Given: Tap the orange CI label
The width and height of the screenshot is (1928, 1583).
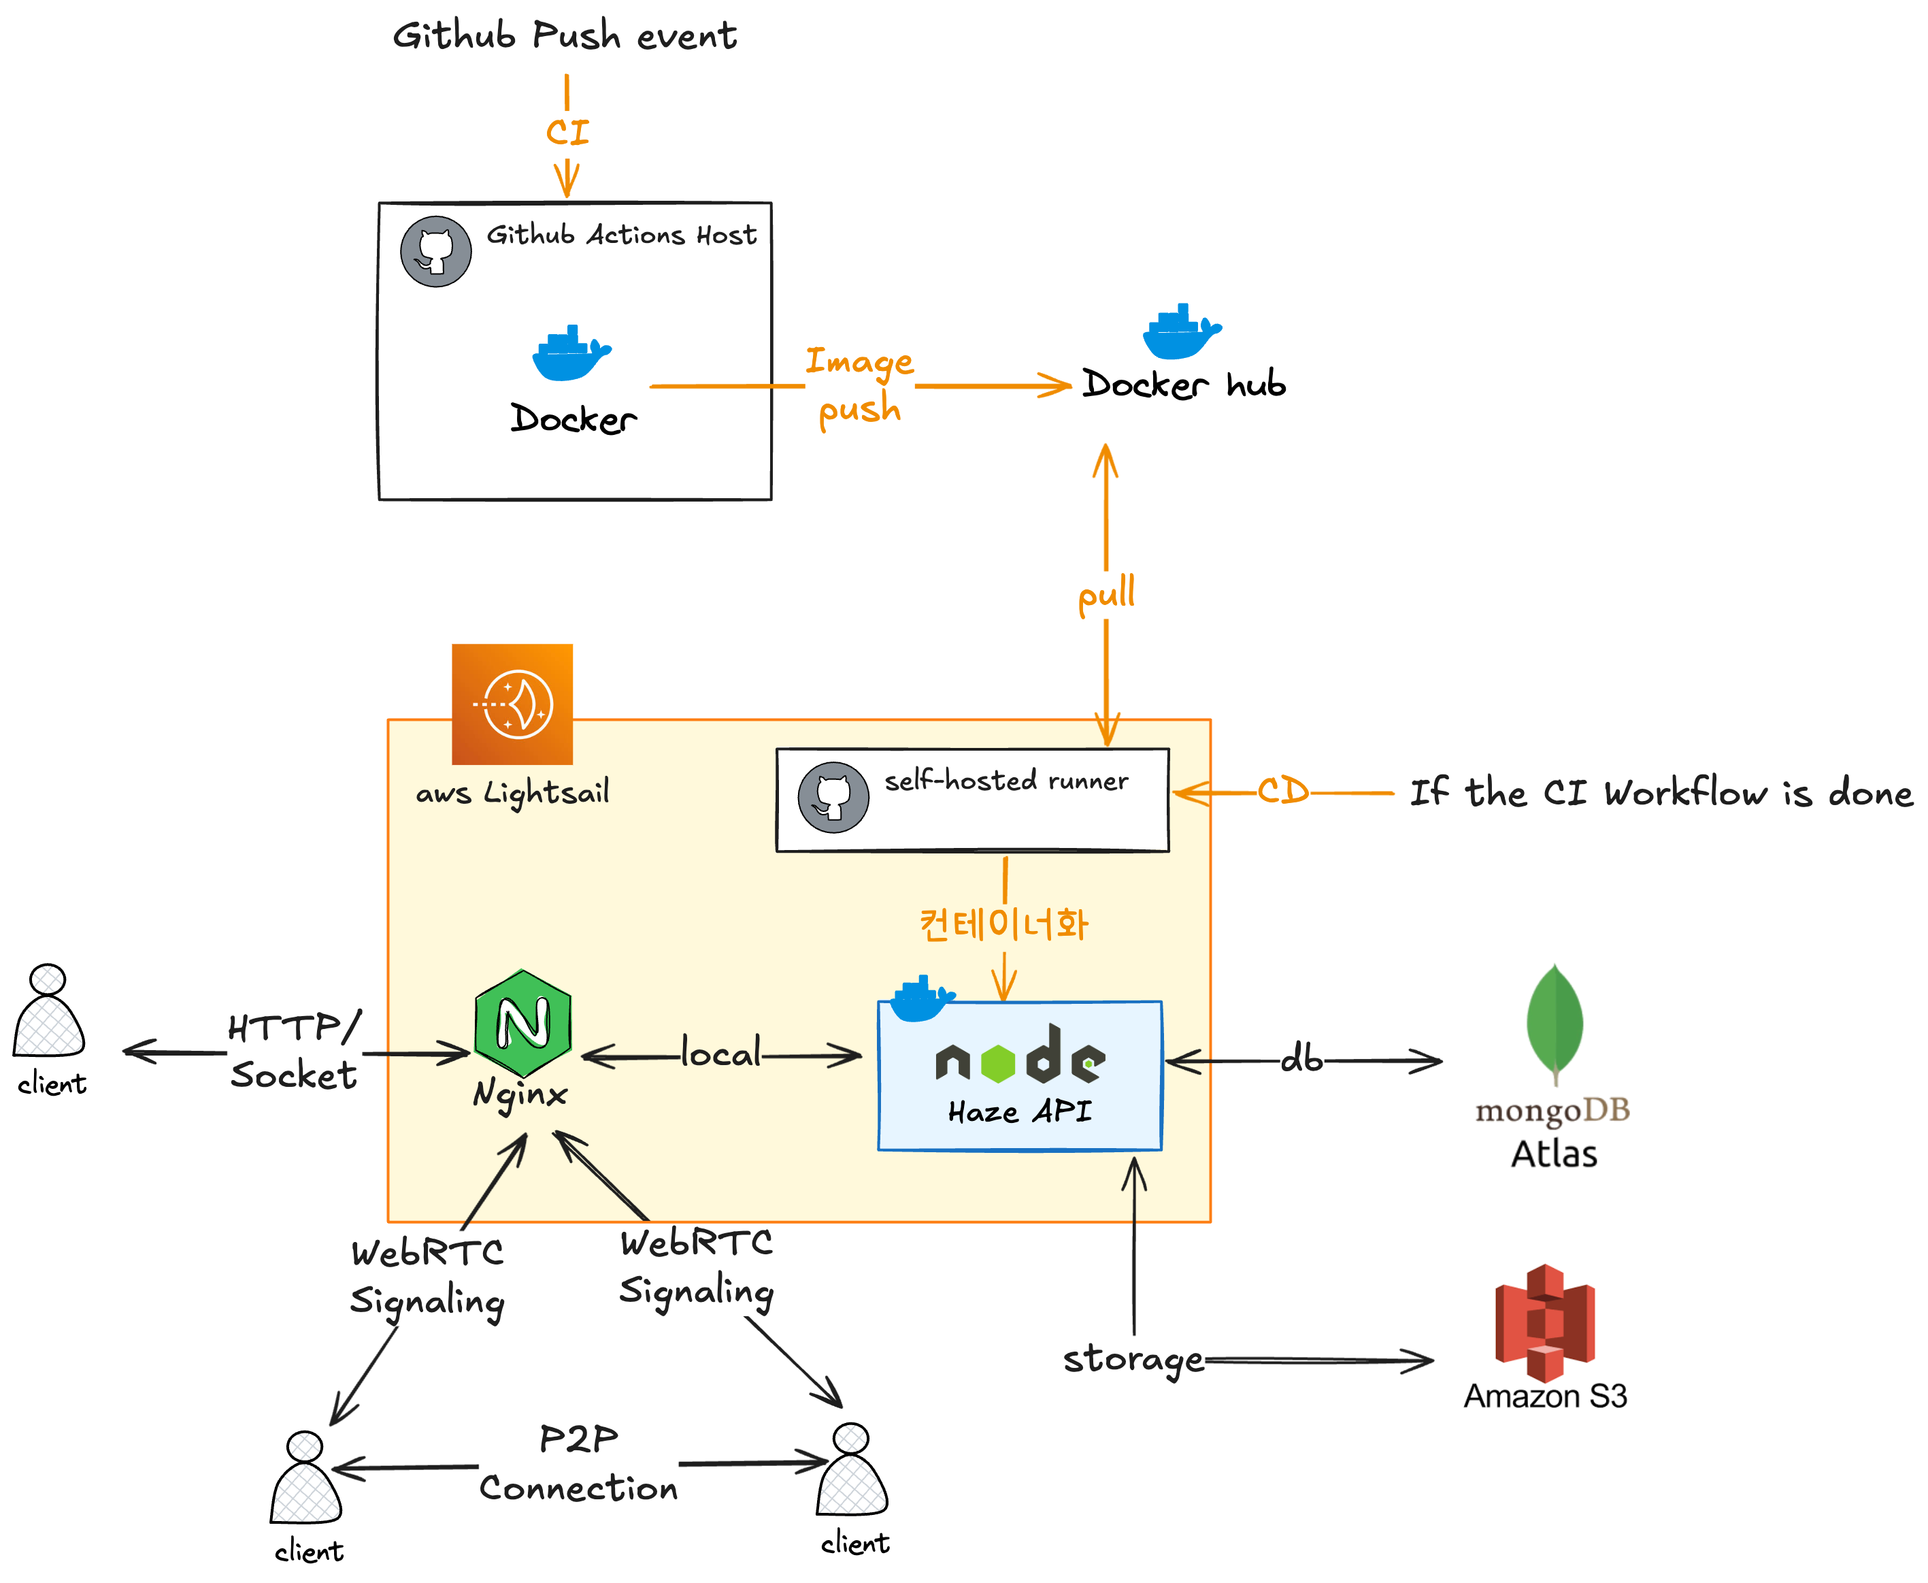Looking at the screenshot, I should coord(567,132).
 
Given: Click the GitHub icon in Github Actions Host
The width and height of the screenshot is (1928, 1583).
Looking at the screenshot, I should coord(435,252).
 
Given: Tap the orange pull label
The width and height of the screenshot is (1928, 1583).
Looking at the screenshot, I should coord(1106,595).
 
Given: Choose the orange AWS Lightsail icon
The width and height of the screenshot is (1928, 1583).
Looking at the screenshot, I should coord(512,704).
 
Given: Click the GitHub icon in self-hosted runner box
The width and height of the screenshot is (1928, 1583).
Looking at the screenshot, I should coord(833,797).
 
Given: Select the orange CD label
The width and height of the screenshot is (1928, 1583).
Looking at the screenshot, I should coord(1282,791).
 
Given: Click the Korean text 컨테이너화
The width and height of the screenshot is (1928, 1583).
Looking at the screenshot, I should coord(1003,924).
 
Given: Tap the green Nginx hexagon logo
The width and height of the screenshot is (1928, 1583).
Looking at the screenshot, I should coord(523,1023).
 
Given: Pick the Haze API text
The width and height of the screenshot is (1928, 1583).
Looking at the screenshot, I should coord(1019,1111).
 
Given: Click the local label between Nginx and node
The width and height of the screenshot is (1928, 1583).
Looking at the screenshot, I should coord(721,1054).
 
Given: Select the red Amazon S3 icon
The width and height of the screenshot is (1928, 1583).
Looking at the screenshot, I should coord(1545,1322).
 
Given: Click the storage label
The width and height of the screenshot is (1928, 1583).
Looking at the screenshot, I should coord(1133,1360).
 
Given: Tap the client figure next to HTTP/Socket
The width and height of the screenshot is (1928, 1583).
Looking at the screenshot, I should coord(49,1012).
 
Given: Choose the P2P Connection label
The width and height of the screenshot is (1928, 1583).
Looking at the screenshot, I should coord(578,1463).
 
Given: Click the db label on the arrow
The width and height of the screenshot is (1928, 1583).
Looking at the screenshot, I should coord(1301,1060).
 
